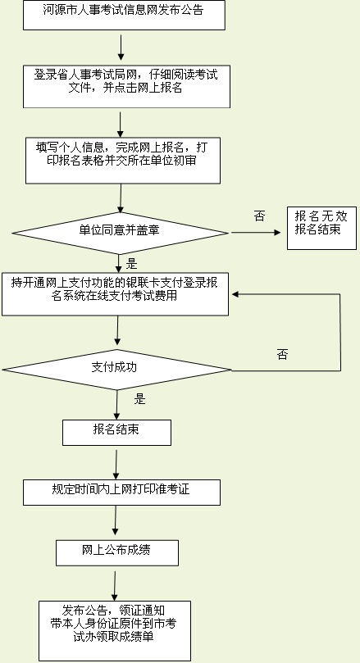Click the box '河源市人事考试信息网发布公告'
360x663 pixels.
click(x=124, y=16)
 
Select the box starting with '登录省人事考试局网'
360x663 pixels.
click(x=126, y=86)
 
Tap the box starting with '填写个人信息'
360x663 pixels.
click(x=123, y=161)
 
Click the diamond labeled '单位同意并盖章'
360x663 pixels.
click(x=121, y=233)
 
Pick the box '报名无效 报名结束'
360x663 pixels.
click(x=321, y=228)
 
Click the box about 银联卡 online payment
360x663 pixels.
click(x=115, y=294)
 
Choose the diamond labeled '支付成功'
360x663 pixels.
click(x=116, y=370)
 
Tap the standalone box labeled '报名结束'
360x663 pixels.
click(x=116, y=433)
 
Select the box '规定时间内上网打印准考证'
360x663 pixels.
click(x=121, y=493)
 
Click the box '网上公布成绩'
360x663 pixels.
click(x=117, y=552)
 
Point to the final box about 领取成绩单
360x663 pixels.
click(x=115, y=630)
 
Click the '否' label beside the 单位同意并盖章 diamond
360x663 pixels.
click(x=259, y=216)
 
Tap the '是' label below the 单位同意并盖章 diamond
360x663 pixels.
click(x=132, y=265)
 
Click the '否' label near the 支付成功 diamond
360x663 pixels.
click(x=283, y=354)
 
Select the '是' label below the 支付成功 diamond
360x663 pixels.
click(x=139, y=399)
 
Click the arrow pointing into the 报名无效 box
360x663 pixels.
click(x=256, y=233)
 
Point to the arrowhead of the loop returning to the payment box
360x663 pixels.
click(x=235, y=294)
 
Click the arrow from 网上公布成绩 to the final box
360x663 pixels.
click(x=115, y=586)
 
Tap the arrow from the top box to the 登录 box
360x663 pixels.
click(x=121, y=48)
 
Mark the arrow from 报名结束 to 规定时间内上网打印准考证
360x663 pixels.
click(x=116, y=465)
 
